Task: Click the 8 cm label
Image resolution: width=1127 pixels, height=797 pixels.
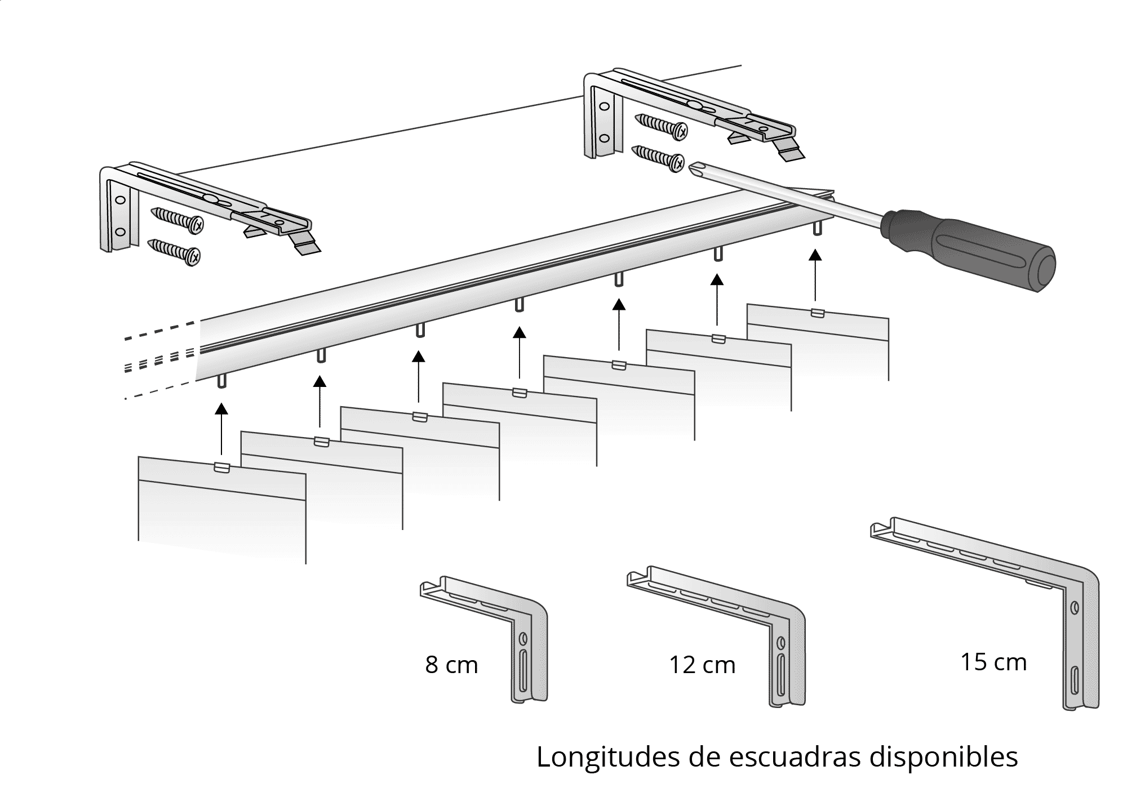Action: point(451,665)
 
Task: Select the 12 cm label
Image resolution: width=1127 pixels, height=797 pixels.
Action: point(702,665)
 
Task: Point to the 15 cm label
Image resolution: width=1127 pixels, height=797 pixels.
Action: point(993,662)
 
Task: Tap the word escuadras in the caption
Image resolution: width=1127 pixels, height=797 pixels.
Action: point(795,758)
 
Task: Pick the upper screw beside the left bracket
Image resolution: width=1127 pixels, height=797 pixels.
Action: point(177,220)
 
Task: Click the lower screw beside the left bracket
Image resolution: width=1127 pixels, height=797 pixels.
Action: point(174,251)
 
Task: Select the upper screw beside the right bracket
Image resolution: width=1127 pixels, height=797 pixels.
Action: point(661,126)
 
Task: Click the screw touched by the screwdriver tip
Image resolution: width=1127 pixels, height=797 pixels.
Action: point(658,157)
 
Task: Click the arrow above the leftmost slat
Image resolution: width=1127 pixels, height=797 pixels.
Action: point(222,428)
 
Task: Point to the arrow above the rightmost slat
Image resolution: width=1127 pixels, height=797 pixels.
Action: point(815,276)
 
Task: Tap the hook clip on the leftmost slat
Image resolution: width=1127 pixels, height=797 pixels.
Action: point(222,467)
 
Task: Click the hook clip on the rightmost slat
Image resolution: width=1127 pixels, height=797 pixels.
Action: point(818,313)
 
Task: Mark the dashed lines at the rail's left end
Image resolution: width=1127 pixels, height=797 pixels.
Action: point(161,360)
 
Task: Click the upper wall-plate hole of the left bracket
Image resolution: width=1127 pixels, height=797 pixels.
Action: point(119,200)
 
